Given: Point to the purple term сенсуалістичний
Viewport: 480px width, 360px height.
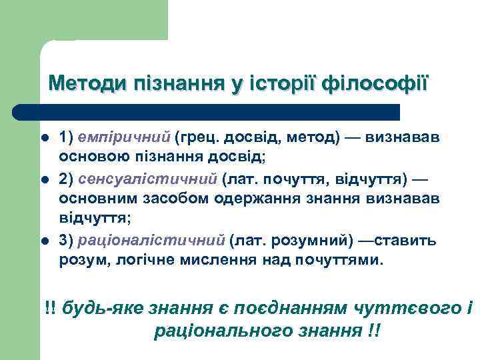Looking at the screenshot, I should pos(148,179).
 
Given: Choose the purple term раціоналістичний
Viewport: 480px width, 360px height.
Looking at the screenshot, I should pos(151,240).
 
